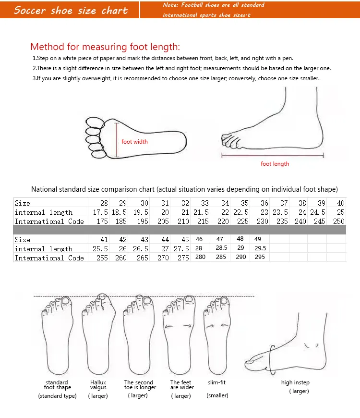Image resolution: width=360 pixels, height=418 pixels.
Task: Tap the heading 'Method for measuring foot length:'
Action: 105,47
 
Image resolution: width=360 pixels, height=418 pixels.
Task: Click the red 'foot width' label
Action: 134,142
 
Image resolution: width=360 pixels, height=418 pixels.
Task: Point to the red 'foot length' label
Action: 275,164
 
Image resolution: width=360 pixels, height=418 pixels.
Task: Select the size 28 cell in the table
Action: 104,203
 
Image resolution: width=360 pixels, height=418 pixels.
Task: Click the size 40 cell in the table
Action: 340,203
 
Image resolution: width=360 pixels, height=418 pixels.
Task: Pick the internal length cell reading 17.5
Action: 100,212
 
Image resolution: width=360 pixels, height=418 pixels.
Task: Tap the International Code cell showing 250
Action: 338,221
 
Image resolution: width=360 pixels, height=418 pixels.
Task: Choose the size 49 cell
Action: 257,239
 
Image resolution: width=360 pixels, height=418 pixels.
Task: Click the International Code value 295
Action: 259,258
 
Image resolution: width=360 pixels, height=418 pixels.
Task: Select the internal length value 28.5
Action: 221,248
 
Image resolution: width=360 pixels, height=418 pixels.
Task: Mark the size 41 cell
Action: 104,240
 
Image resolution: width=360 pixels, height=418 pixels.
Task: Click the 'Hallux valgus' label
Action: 98,385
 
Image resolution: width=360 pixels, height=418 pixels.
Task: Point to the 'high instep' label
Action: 295,382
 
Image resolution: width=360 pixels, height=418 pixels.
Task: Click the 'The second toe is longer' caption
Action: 140,385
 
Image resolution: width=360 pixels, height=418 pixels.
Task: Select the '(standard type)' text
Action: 58,396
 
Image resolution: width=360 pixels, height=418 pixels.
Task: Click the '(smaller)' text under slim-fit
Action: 217,395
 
